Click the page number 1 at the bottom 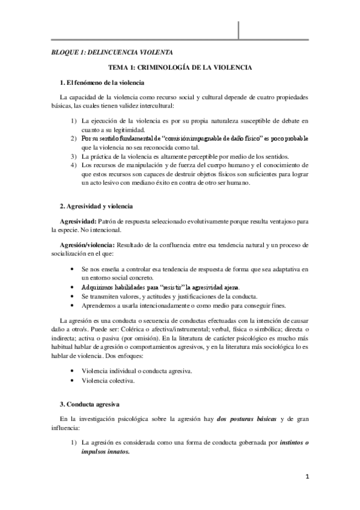tap(307, 478)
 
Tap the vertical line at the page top tap(240, 28)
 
